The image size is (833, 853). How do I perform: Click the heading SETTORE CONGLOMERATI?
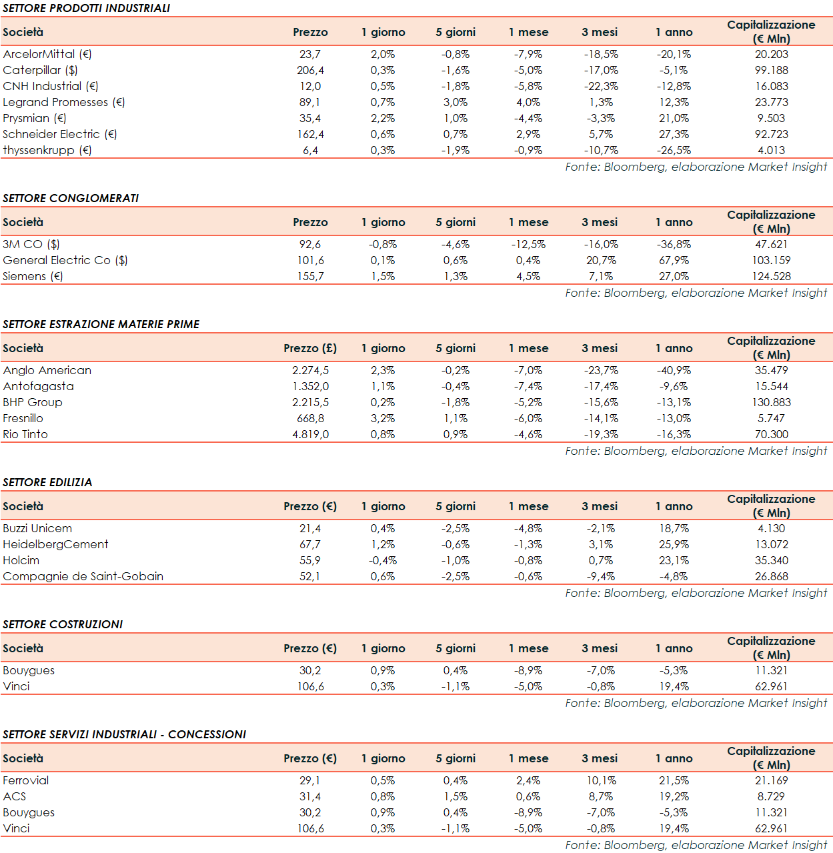[71, 198]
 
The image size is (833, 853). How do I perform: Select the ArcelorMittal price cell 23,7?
[310, 54]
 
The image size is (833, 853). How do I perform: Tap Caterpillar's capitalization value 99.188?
[771, 70]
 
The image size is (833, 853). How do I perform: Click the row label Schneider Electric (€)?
[60, 134]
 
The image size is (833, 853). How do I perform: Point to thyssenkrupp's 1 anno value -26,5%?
[674, 150]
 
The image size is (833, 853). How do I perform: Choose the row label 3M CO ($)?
[31, 244]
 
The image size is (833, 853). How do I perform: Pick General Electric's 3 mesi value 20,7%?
[601, 260]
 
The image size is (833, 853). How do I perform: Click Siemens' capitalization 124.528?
[771, 276]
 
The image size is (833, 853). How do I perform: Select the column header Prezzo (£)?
[310, 348]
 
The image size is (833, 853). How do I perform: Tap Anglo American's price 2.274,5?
[310, 370]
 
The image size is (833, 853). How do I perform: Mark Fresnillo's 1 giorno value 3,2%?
[383, 418]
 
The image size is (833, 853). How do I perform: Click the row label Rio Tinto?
[25, 434]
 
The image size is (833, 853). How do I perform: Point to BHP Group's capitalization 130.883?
[771, 402]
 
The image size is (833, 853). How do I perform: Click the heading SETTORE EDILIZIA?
[47, 482]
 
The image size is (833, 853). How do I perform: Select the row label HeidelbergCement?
[55, 544]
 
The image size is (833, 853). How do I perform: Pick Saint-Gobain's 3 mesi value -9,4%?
[601, 576]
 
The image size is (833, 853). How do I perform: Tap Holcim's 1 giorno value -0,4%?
[383, 560]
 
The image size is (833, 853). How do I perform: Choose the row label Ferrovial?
[26, 780]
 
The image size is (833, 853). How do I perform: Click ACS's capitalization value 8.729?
[771, 796]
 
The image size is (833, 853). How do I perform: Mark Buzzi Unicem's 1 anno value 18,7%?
[674, 528]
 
